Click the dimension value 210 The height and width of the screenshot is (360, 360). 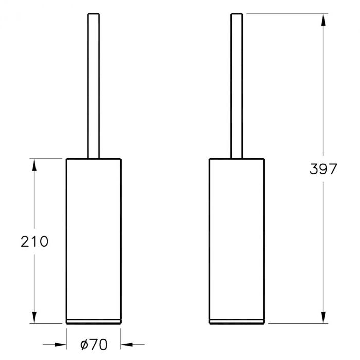click(x=34, y=241)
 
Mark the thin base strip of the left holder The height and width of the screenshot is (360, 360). click(x=93, y=321)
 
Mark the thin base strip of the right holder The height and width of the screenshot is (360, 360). click(x=237, y=321)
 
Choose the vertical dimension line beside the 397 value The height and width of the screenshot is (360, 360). click(x=322, y=103)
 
